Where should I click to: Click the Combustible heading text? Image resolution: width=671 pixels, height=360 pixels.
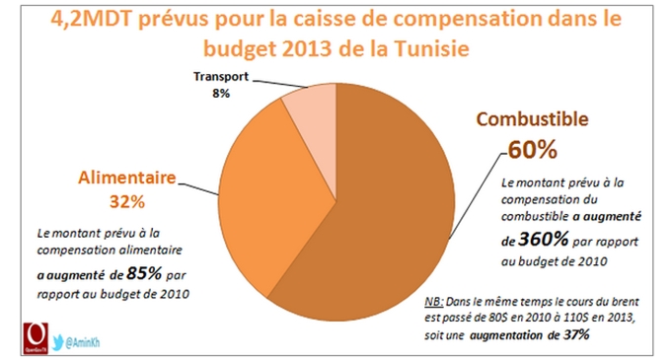[532, 120]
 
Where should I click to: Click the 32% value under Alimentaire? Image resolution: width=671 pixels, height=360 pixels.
[127, 202]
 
